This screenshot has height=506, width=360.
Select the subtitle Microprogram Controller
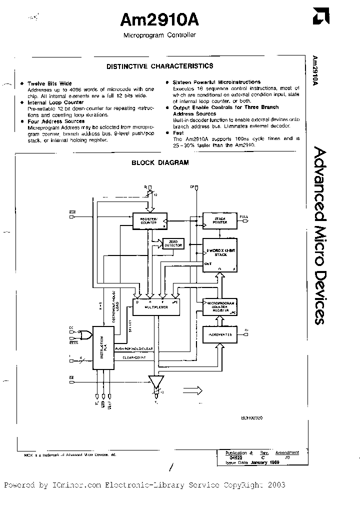(x=160, y=35)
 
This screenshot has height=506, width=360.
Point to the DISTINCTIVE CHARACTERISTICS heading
(x=160, y=66)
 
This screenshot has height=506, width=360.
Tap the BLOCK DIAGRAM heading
(x=160, y=162)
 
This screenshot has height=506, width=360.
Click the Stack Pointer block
(x=219, y=220)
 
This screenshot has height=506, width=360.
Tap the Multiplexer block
(x=155, y=304)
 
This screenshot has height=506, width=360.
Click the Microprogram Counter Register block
(x=219, y=306)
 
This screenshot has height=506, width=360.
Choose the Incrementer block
(x=219, y=334)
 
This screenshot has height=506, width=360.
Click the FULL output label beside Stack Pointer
(x=244, y=217)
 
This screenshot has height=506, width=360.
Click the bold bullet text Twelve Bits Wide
(x=49, y=83)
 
